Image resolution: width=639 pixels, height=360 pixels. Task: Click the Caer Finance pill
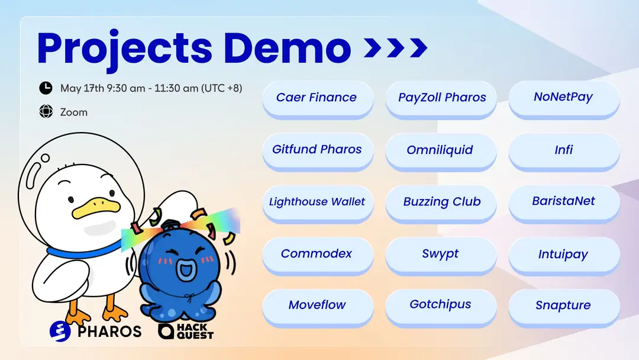tap(318, 99)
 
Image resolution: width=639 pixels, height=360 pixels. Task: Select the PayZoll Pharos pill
tap(441, 99)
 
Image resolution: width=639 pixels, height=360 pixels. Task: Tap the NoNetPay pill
tap(564, 99)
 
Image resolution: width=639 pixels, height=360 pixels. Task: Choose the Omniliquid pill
tap(441, 152)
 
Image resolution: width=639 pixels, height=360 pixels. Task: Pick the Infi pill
tap(564, 152)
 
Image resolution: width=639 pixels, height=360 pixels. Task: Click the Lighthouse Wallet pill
tap(318, 204)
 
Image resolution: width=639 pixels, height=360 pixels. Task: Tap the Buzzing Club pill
tap(441, 204)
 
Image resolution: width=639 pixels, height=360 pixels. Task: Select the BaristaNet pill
tap(564, 204)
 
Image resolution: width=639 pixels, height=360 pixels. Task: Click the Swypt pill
tap(441, 256)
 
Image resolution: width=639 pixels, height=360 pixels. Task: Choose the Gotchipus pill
tap(441, 307)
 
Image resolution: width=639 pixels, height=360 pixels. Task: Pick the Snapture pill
tap(564, 307)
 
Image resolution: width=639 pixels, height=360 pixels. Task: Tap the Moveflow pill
tap(318, 307)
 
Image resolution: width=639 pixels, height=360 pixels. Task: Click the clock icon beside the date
tap(46, 88)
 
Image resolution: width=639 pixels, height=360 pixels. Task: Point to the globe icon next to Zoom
tap(46, 111)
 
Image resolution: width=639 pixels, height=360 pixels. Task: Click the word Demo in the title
tap(288, 48)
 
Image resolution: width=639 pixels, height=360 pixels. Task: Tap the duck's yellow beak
tap(96, 207)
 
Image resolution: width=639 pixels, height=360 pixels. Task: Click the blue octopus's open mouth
tap(186, 270)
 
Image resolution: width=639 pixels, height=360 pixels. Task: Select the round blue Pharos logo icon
tap(60, 331)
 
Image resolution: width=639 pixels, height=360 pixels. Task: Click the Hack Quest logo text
tap(195, 332)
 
